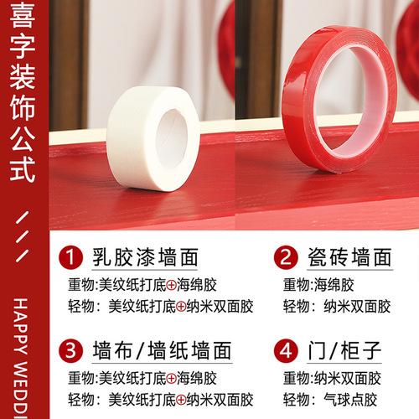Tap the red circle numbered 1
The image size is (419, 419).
(x=72, y=254)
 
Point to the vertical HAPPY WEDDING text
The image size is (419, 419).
(x=23, y=352)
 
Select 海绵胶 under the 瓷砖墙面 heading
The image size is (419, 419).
(x=339, y=284)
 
